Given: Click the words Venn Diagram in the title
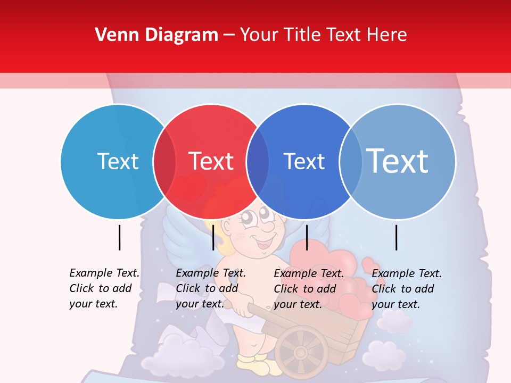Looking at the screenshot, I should point(156,35).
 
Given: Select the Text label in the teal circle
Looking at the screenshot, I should point(118,161).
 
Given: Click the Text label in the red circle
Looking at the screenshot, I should point(211,161).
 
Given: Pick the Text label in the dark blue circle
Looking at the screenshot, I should point(304,161).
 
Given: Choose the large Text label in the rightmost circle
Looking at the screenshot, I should point(398,161).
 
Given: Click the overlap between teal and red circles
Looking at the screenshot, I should point(164,162).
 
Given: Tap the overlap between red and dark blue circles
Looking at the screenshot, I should point(258,162).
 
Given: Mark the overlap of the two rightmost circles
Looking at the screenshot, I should point(350,162).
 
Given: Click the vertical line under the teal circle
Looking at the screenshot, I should point(120,237).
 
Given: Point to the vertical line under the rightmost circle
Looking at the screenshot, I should point(397,237).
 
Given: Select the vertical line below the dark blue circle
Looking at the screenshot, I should point(307,237).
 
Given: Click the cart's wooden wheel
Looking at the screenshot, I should point(301,352).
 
